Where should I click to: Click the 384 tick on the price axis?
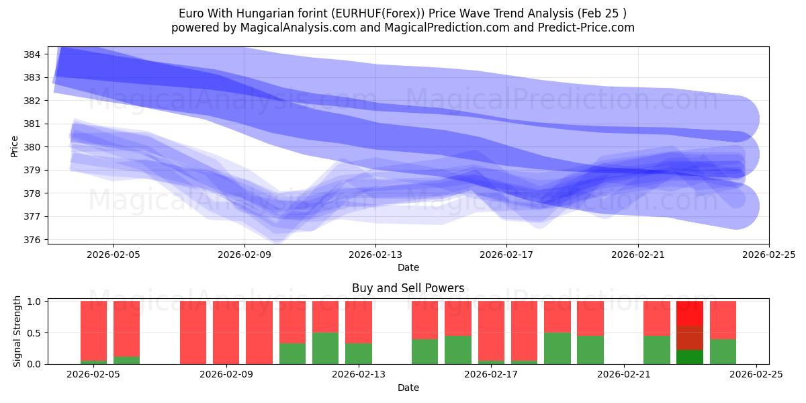tap(33, 54)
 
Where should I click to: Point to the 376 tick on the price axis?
tap(33, 240)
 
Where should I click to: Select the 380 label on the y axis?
tap(33, 147)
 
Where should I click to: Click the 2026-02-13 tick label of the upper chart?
tap(375, 255)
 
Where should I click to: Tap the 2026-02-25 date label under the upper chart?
tap(768, 255)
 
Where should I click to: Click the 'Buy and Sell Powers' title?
tap(408, 288)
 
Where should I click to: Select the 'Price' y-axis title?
tap(15, 146)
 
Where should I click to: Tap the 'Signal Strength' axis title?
tap(18, 331)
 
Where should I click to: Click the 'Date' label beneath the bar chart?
tap(408, 388)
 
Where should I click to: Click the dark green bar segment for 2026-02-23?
tap(690, 357)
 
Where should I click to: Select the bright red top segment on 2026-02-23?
tap(690, 313)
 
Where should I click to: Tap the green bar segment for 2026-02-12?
tap(325, 348)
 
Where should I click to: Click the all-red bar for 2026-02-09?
tap(226, 332)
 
